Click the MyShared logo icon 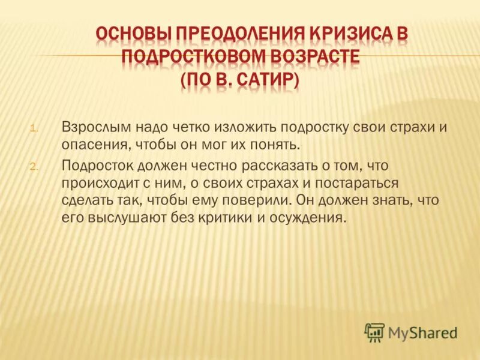coord(374,332)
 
